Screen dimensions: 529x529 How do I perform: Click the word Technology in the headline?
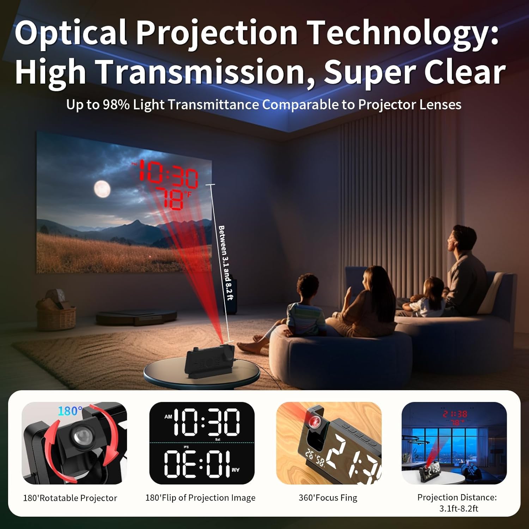402,34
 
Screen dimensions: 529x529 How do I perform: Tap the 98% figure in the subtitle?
116,105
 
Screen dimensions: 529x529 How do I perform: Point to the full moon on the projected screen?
102,189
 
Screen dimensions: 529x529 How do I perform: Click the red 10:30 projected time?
169,174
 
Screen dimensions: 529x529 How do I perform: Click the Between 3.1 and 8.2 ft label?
226,263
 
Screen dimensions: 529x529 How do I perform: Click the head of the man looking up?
462,240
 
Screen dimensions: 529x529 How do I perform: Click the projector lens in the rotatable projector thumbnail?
80,436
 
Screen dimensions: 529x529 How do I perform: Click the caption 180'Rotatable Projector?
70,498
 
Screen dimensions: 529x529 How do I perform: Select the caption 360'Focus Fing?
328,498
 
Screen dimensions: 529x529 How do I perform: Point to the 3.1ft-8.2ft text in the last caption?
458,509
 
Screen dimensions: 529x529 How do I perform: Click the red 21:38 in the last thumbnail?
455,414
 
